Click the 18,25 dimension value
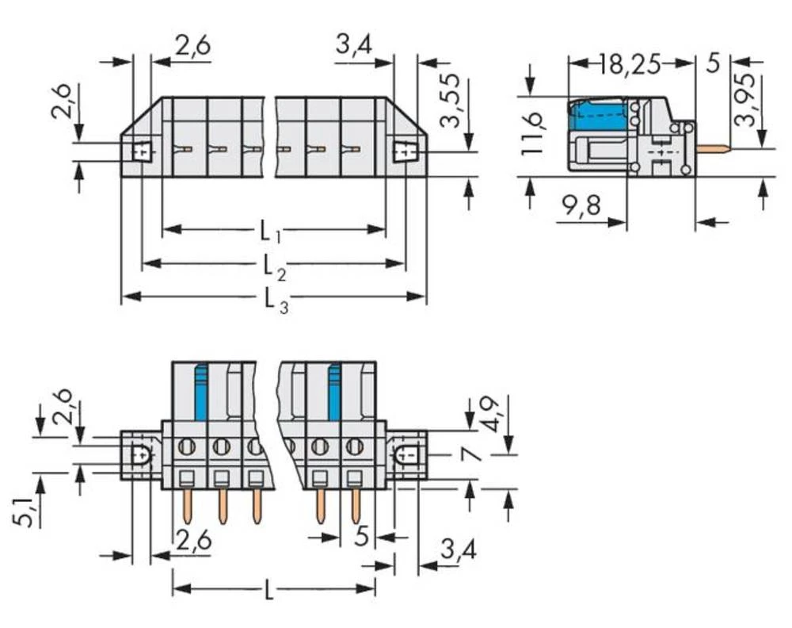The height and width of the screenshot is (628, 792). tap(630, 64)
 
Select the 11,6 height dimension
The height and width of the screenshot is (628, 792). tap(532, 133)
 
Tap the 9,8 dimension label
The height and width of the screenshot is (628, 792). tap(581, 206)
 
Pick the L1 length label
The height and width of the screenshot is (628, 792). tap(270, 232)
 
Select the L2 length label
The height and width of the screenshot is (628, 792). tap(275, 267)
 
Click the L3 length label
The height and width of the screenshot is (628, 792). tap(276, 302)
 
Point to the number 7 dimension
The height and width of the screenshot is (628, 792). tap(473, 454)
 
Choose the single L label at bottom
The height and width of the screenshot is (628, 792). tap(269, 590)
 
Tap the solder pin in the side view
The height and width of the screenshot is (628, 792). tap(713, 148)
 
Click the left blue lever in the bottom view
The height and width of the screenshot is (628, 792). tap(201, 392)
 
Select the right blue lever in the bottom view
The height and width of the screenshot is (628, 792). tap(334, 392)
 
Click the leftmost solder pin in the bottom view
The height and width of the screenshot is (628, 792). tap(188, 507)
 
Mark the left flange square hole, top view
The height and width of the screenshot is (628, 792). tap(143, 151)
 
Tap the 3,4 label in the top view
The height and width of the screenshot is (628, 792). tap(353, 45)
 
